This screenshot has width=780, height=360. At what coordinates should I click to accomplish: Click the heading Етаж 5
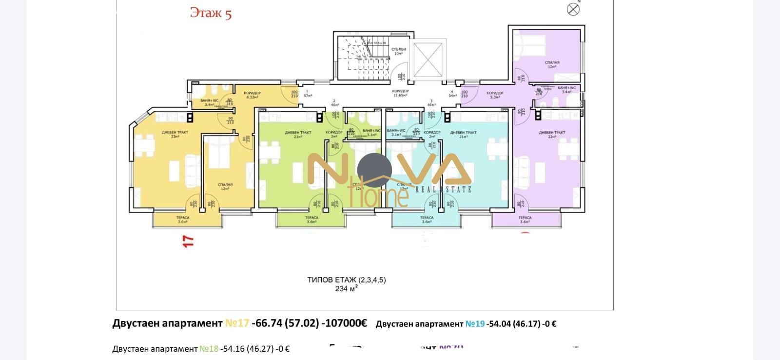point(211,13)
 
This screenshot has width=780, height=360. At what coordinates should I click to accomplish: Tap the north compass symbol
point(573,9)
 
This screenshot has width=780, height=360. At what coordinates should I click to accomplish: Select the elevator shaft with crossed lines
point(427,60)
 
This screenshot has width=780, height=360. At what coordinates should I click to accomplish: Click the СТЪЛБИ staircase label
point(398,51)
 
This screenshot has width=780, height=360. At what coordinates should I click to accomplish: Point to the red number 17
point(188,241)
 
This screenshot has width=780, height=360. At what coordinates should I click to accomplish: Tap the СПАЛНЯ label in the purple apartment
point(552,64)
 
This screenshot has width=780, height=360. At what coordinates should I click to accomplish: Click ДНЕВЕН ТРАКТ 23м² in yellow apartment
point(175,134)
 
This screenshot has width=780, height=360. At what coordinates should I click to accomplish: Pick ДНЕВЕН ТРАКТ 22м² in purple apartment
point(552,135)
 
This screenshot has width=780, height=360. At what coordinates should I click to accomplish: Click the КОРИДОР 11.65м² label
point(400,93)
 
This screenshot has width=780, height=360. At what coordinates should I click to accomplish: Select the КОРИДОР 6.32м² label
point(252,95)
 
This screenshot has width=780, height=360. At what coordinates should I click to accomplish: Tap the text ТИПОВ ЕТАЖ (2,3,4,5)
point(346,280)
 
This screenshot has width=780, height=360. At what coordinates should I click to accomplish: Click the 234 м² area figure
point(346,289)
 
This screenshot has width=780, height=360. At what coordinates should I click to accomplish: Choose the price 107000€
point(344,323)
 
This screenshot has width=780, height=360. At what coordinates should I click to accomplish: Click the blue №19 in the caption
point(475,324)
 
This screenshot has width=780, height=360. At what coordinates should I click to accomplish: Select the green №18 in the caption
point(209,349)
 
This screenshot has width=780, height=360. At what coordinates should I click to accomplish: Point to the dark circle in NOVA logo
point(374,170)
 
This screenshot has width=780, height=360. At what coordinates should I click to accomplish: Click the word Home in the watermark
point(380,196)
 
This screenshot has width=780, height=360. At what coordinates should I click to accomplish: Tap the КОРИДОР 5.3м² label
point(494,95)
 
